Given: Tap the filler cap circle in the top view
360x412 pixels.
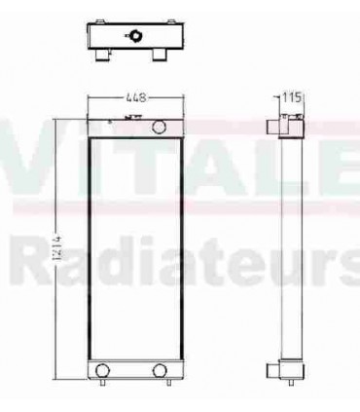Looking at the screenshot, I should click(133, 36).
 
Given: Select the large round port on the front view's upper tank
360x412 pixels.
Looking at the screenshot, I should click(160, 125).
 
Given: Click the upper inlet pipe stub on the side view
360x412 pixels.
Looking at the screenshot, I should click(273, 126).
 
